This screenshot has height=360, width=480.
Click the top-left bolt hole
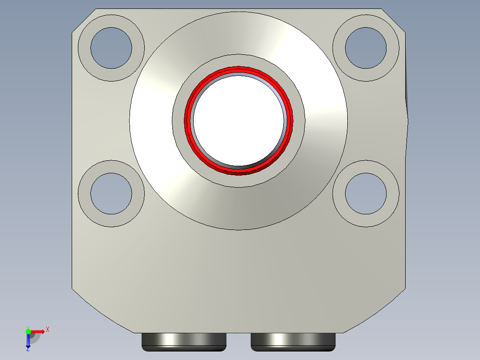pyautogui.click(x=111, y=48)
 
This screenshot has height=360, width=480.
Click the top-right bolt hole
pyautogui.click(x=366, y=48)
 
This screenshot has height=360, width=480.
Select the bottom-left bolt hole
pyautogui.click(x=111, y=194)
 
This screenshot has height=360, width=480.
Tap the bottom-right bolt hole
pyautogui.click(x=366, y=194)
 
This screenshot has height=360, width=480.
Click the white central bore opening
pyautogui.click(x=238, y=120)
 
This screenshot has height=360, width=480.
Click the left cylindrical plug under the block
pyautogui.click(x=184, y=341)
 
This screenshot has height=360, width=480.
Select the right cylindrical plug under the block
pyautogui.click(x=293, y=341)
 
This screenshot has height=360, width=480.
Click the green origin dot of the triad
pyautogui.click(x=28, y=331)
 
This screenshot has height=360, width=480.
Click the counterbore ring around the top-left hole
pyautogui.click(x=84, y=48)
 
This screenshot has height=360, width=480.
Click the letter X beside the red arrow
pyautogui.click(x=47, y=329)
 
